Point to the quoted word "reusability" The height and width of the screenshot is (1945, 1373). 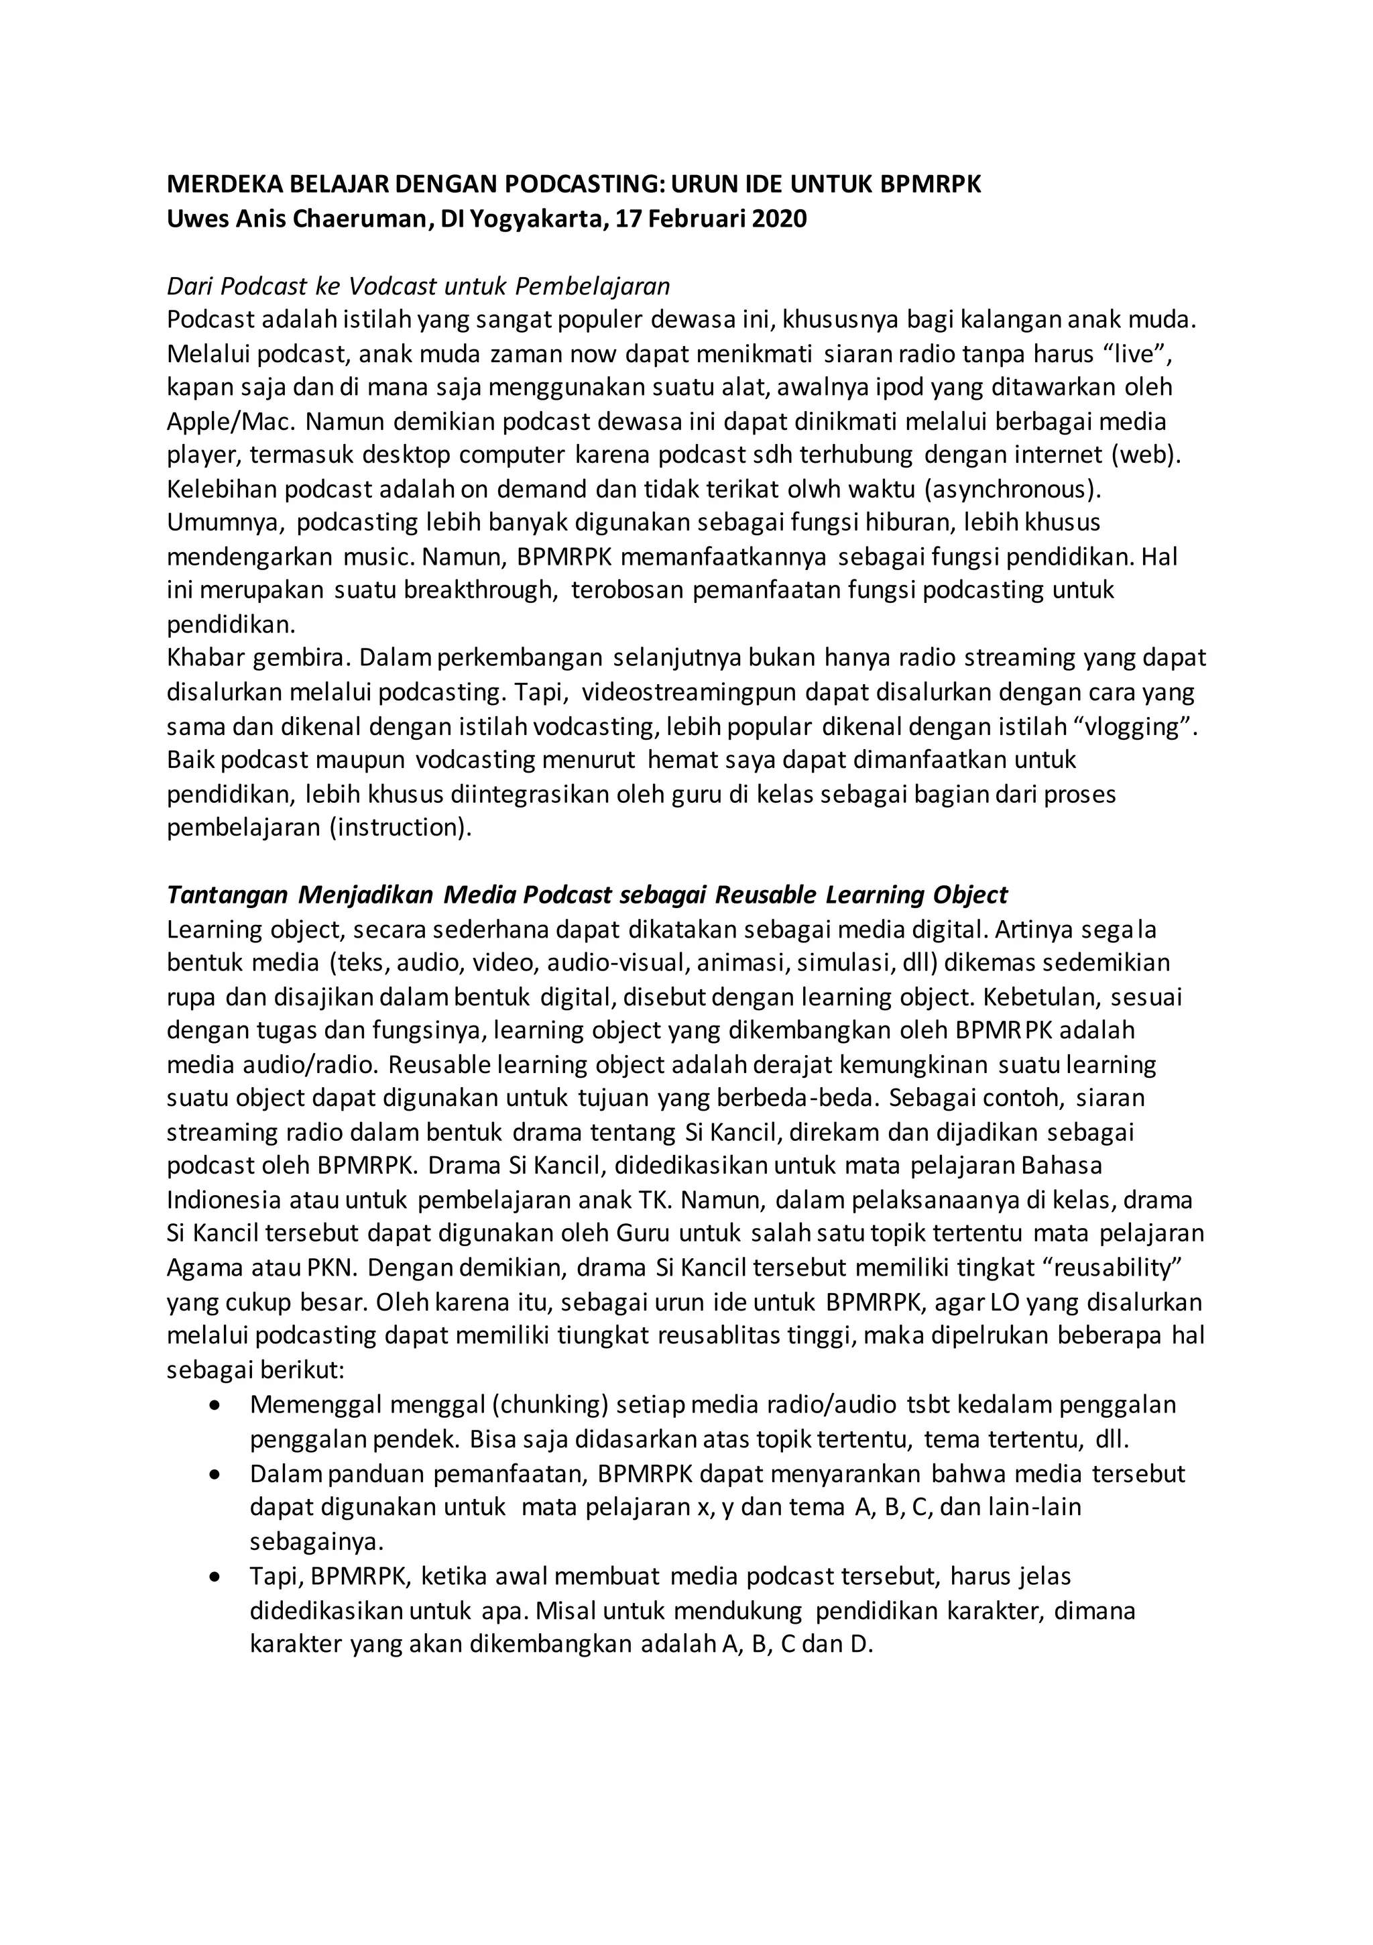point(1110,1268)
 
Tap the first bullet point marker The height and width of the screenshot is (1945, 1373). point(216,1404)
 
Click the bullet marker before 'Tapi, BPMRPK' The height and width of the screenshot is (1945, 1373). point(216,1577)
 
